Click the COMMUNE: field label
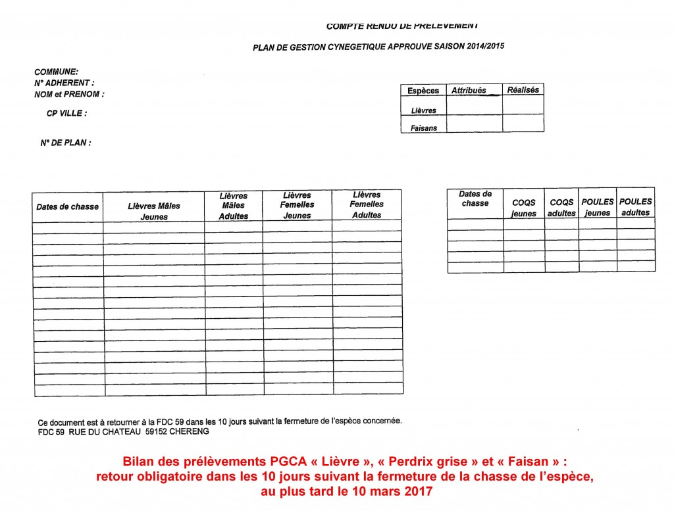point(57,72)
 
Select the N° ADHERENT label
point(64,83)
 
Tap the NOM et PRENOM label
point(69,94)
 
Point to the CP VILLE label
point(66,113)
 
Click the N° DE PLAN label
point(65,143)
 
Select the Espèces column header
point(423,91)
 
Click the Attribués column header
point(469,91)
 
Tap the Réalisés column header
point(523,90)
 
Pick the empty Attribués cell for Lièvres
point(474,105)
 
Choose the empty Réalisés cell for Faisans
point(523,124)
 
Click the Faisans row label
point(423,128)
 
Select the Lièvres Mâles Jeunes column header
point(154,211)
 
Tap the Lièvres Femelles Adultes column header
point(367,204)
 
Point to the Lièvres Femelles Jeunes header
point(298,205)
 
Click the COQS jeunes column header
point(524,208)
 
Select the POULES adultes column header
point(636,207)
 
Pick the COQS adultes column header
point(561,208)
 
